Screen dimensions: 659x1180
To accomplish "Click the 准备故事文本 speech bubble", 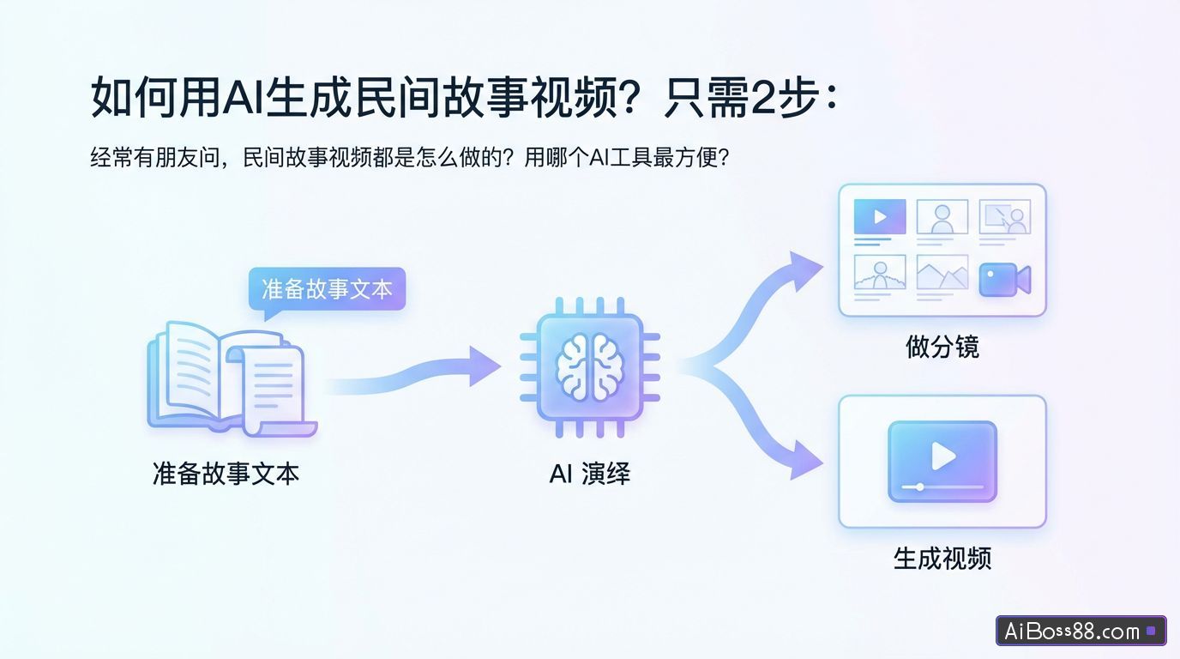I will click(x=326, y=289).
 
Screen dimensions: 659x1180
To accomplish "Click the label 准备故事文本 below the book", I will click(x=226, y=473).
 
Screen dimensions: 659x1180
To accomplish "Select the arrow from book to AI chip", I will click(x=412, y=375).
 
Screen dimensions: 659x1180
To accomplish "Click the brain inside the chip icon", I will click(x=589, y=366).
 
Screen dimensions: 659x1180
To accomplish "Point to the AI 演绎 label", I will click(x=589, y=473).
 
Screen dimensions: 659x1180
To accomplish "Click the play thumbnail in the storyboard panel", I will click(x=880, y=217).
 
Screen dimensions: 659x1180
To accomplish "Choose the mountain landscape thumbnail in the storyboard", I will click(x=942, y=273).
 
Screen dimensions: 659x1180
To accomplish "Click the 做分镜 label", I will click(x=942, y=347).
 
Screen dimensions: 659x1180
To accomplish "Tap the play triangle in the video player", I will click(x=943, y=456).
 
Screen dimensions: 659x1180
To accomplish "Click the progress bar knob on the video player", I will click(x=920, y=487).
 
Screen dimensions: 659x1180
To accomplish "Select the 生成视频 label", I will click(x=942, y=559).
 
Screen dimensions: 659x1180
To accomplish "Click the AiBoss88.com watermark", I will click(x=1081, y=632).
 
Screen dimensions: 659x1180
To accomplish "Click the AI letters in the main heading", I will click(x=244, y=97).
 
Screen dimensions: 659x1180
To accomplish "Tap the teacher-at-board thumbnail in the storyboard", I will click(x=1005, y=217).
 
